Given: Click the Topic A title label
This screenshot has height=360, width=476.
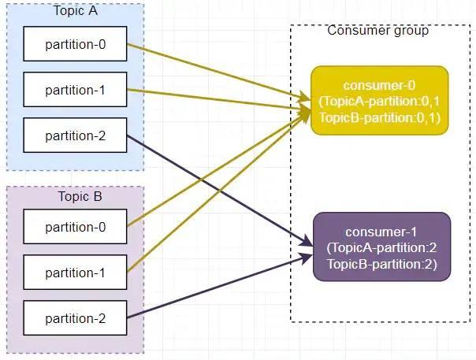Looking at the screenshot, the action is click(x=76, y=10).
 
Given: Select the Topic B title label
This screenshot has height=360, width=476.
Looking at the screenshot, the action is click(x=80, y=196).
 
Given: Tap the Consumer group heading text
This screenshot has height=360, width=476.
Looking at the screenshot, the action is click(x=378, y=31).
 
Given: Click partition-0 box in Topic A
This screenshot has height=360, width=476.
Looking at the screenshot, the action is click(x=75, y=43).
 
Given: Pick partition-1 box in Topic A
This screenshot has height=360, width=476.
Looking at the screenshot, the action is click(x=75, y=90).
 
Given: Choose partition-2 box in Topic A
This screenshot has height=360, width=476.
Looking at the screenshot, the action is click(x=75, y=135).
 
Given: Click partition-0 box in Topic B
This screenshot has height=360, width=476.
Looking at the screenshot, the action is click(x=75, y=226).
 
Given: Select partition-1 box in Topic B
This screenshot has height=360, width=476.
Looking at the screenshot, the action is click(x=75, y=273).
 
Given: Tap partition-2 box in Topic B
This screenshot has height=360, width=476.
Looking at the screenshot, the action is click(x=75, y=317).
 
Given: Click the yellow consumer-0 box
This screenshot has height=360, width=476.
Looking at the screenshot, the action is click(x=380, y=100).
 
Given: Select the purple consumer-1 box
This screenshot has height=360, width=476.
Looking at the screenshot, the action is click(x=382, y=247).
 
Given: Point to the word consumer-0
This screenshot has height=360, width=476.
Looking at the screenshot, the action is click(x=379, y=85).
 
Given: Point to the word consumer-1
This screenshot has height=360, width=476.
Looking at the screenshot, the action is click(x=381, y=232).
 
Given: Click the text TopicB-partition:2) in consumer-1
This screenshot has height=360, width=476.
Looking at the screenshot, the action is click(x=382, y=264).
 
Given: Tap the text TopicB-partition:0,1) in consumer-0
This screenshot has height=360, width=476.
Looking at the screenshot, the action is click(x=380, y=117).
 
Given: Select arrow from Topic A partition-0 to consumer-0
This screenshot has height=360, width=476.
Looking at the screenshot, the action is click(x=218, y=72).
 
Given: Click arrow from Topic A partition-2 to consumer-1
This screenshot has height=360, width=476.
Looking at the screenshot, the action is click(x=220, y=191).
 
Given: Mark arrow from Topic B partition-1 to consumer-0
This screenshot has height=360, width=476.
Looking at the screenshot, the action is click(x=218, y=191).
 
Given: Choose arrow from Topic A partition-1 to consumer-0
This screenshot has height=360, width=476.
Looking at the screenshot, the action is click(x=218, y=99).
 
